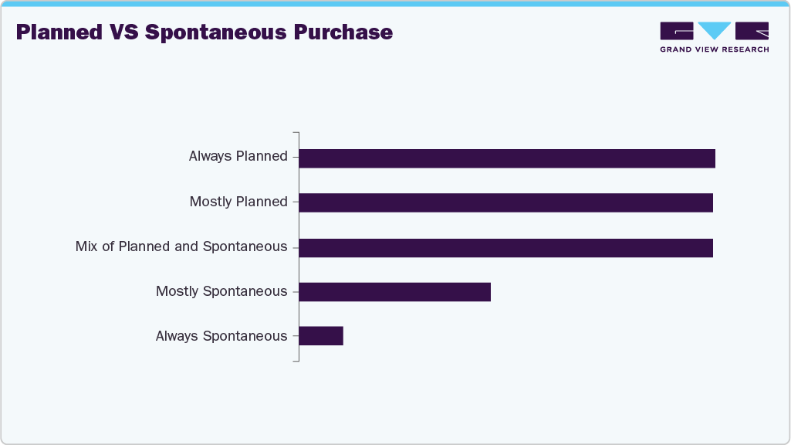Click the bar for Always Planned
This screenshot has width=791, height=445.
tap(507, 158)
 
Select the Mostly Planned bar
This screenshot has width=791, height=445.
tap(505, 202)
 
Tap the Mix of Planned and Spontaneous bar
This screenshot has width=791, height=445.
tap(505, 248)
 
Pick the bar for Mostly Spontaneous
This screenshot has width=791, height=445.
tap(394, 292)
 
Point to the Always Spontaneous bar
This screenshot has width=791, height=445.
tap(321, 336)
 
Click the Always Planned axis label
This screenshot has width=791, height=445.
tap(238, 156)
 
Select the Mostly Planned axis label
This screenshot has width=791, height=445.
tap(238, 202)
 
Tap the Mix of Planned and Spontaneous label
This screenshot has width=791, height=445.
tap(181, 246)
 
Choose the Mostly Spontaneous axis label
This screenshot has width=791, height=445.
tap(221, 291)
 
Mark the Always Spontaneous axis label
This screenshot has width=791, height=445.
tap(221, 336)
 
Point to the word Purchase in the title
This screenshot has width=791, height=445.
tap(352, 32)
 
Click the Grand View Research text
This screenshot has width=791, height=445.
tap(714, 49)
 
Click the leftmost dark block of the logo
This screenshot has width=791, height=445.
tap(677, 31)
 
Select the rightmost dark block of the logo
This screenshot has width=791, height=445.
tap(752, 31)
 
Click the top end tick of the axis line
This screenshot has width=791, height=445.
tap(296, 133)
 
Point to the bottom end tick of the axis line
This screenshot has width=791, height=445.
tap(296, 361)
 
